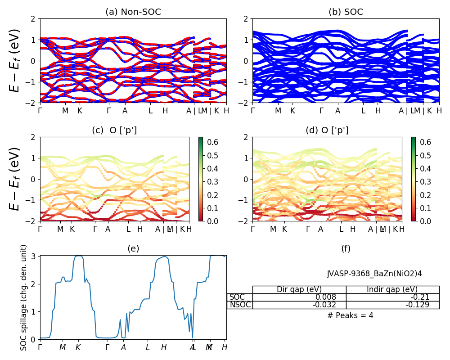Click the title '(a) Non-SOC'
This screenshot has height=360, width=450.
[x=133, y=12]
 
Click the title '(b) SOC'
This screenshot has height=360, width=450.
[x=346, y=12]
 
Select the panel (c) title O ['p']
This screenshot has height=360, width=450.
[x=114, y=130]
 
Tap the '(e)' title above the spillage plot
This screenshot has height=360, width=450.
[x=133, y=248]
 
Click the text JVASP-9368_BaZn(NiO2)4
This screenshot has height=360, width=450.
[x=374, y=274]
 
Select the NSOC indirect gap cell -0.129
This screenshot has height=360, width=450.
[x=392, y=305]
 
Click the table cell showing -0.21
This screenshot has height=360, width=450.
[x=392, y=297]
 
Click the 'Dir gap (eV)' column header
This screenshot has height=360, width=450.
[x=299, y=289]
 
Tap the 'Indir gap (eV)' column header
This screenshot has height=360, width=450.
[x=392, y=289]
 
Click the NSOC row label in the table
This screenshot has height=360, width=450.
[x=239, y=305]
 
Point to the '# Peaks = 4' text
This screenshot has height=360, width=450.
[x=350, y=315]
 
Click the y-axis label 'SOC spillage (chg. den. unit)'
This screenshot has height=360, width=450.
[x=24, y=297]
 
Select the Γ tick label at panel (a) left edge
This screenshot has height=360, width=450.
[x=40, y=111]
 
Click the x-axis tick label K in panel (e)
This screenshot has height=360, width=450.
[x=78, y=347]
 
